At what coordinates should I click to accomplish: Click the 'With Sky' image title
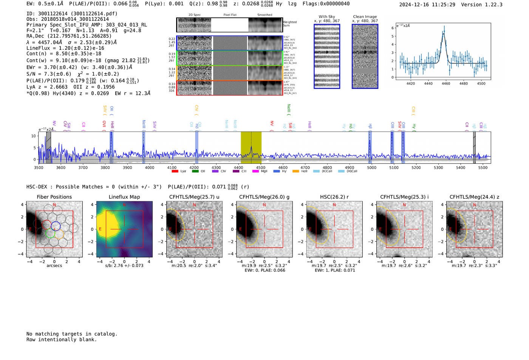pos(327,17)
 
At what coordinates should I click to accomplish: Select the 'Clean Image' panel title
pos(365,17)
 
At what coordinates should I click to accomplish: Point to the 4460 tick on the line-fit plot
pos(446,83)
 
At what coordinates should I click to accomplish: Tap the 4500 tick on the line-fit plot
pos(481,83)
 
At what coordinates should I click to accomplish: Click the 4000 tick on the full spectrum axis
pos(150,168)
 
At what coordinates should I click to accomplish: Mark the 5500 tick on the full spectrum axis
pos(483,168)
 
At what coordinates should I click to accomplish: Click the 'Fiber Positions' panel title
pos(54,197)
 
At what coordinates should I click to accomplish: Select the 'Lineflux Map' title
pos(124,197)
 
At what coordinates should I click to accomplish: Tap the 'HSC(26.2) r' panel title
pos(334,197)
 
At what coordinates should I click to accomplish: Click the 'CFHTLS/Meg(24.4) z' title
pos(474,197)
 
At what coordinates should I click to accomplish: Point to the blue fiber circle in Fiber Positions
pos(56,226)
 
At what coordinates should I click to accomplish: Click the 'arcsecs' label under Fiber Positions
pos(54,266)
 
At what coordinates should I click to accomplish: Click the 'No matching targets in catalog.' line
pos(72,334)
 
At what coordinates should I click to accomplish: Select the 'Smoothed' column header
pos(264,15)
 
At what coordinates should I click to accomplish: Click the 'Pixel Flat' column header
pos(230,15)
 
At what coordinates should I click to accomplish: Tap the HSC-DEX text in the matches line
pos(37,187)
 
